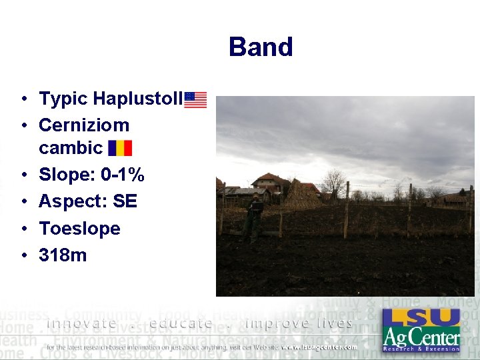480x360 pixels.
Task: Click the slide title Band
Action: (261, 47)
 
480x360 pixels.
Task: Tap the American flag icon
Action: (195, 100)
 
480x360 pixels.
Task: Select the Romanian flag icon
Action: (120, 147)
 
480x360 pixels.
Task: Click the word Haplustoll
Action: (137, 99)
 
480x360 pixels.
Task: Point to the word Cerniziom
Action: (84, 125)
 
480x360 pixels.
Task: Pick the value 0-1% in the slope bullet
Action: (123, 175)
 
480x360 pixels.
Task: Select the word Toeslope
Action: (79, 228)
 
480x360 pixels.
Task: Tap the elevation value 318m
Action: (63, 255)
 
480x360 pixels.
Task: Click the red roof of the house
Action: (271, 178)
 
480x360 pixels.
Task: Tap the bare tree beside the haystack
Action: (333, 182)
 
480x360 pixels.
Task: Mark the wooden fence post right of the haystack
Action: (347, 209)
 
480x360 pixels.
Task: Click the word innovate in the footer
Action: (81, 323)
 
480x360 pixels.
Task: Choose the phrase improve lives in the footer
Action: (299, 323)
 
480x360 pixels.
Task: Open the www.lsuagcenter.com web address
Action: (319, 347)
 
